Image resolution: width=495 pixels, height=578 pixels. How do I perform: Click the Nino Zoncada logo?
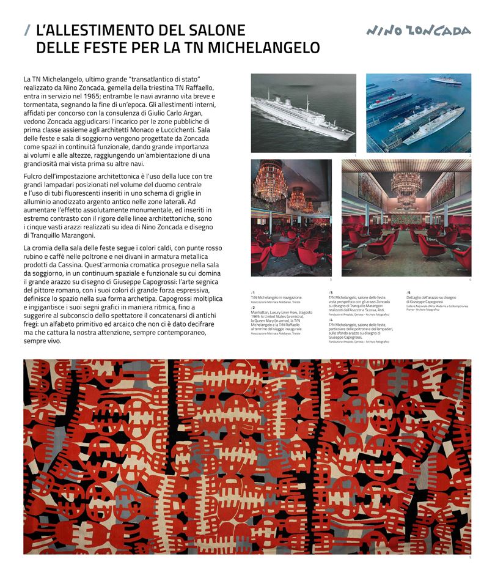419,31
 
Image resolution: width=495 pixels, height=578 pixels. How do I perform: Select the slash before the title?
27,30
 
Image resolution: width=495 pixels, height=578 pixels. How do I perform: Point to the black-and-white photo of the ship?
303,113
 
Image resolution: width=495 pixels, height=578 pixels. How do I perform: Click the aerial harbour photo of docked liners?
419,113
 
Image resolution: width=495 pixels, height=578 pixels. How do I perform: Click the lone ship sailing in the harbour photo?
445,81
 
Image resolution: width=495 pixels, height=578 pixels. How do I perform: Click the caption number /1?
253,292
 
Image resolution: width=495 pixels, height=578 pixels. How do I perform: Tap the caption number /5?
408,292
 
